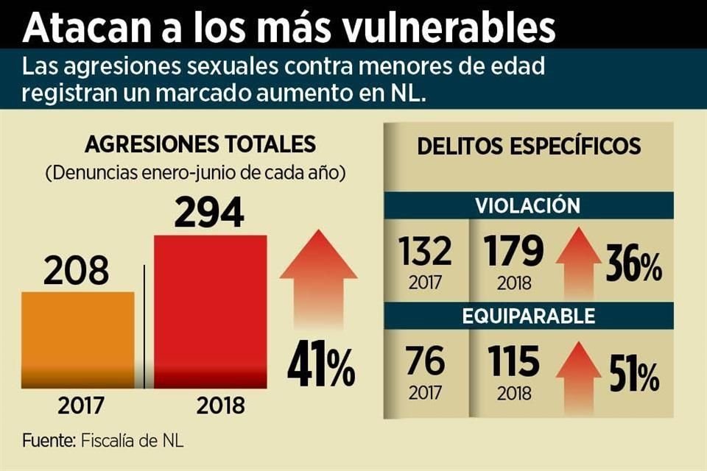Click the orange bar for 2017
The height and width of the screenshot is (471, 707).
(78, 339)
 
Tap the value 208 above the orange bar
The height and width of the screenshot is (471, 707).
(76, 272)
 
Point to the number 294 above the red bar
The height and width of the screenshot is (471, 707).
(209, 213)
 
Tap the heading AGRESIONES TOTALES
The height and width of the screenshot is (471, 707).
(200, 144)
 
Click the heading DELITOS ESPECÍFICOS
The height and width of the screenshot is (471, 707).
(529, 146)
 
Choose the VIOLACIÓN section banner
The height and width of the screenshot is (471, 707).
(527, 205)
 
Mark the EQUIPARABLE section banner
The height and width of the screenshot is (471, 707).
(528, 316)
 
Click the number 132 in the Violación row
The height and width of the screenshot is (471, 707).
(426, 252)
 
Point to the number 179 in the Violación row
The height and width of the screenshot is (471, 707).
(514, 252)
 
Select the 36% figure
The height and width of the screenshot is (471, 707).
(633, 266)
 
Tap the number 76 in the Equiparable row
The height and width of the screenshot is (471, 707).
(425, 361)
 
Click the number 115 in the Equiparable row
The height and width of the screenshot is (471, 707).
(513, 361)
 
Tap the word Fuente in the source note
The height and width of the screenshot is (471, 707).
(48, 442)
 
